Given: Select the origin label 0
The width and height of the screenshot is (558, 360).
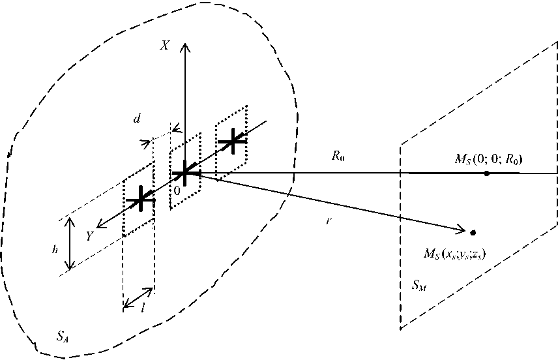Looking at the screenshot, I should [x=176, y=190].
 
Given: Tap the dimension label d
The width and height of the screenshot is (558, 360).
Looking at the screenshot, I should [x=136, y=119].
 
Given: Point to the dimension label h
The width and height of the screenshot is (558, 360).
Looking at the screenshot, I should [x=56, y=249].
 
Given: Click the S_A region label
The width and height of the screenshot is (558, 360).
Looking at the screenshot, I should [x=62, y=337].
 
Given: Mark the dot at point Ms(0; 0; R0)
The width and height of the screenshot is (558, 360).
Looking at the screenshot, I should [x=486, y=173].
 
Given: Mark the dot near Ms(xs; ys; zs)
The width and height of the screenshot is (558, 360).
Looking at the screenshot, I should [x=473, y=232].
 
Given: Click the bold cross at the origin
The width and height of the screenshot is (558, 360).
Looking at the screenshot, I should [x=185, y=173].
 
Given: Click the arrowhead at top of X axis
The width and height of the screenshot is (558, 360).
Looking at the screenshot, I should [x=186, y=44].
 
